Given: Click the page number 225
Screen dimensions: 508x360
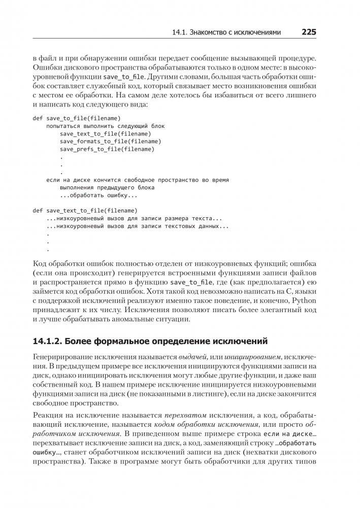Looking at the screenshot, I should [309, 32].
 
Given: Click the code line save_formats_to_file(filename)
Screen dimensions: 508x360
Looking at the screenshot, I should [110, 142].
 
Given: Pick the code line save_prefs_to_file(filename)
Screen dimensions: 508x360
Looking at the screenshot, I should [107, 149].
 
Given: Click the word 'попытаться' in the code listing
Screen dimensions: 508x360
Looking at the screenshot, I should [63, 126].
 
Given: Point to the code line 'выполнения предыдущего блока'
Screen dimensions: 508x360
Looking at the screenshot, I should [107, 187].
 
